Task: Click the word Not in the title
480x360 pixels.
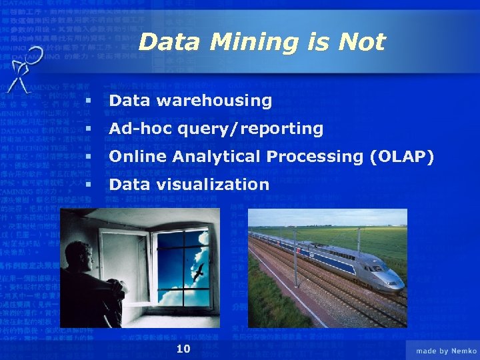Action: [x=361, y=42]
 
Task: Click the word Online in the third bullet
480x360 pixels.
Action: [x=137, y=157]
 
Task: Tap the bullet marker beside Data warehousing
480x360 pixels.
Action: [x=87, y=101]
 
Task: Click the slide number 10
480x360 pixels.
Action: [x=183, y=349]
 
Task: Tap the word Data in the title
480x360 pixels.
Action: [x=171, y=43]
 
